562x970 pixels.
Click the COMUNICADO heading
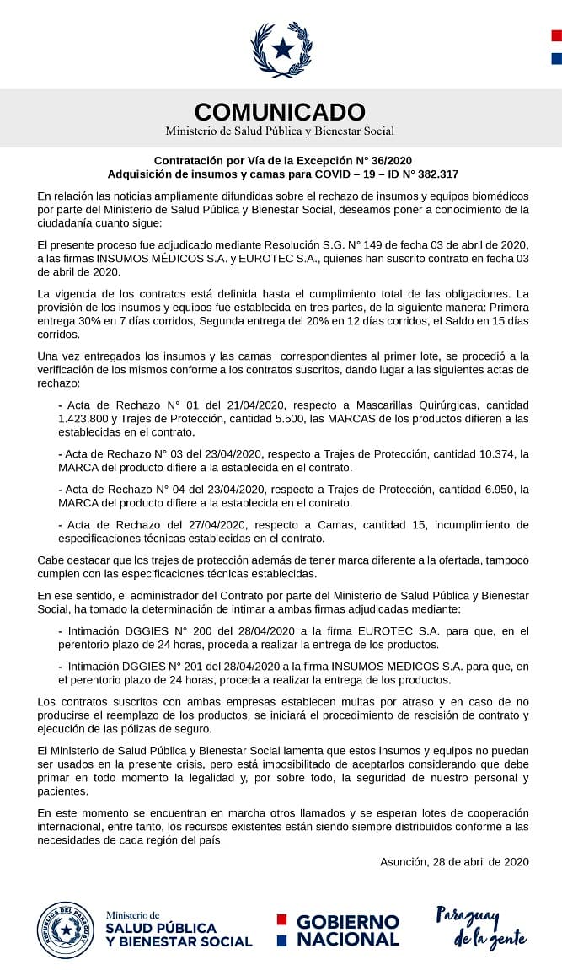click(x=280, y=111)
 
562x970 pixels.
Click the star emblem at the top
click(x=281, y=49)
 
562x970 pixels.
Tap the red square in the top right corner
click(x=556, y=35)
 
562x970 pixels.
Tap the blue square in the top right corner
click(x=556, y=59)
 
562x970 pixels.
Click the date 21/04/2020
click(x=222, y=405)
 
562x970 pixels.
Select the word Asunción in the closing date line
click(x=405, y=861)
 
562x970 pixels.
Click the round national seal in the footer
click(x=65, y=929)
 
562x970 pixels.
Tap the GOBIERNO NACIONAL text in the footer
click(x=347, y=930)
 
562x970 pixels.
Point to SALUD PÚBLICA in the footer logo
click(x=161, y=928)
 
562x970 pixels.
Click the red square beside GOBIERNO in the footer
click(x=282, y=919)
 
